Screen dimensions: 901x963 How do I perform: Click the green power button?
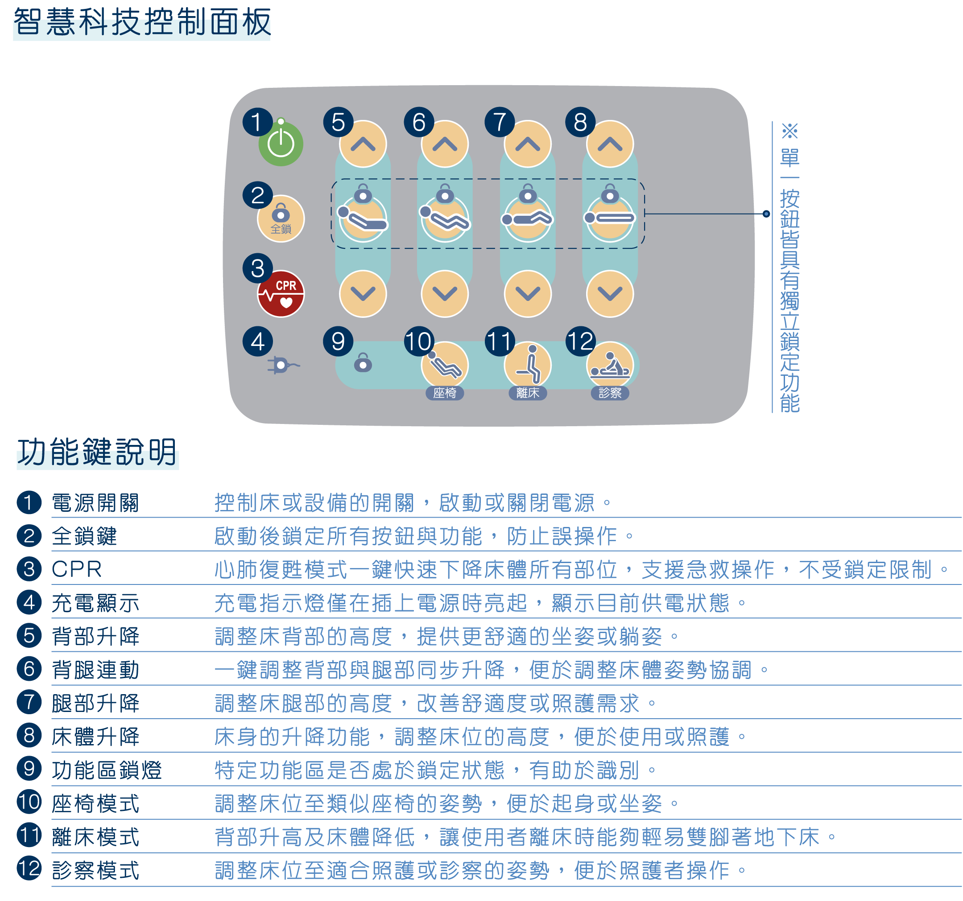pos(281,144)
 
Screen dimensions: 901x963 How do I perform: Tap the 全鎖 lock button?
pos(281,219)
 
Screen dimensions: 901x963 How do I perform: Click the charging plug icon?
pos(282,365)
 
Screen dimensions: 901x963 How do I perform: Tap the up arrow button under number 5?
pos(363,144)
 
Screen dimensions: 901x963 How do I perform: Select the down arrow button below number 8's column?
pos(609,293)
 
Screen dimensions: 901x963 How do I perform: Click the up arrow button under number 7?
pos(528,144)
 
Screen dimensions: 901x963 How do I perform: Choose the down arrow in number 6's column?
pos(445,293)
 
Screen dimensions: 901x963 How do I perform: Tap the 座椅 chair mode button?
pos(445,365)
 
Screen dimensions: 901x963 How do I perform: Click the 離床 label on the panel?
pos(528,393)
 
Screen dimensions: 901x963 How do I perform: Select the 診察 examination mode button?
pos(609,365)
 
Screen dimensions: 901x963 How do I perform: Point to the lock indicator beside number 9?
pos(363,362)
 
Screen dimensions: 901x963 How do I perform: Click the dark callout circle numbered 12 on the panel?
pos(580,341)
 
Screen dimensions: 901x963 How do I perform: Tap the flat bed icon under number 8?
pos(609,218)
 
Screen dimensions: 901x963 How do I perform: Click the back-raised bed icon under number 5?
pos(363,219)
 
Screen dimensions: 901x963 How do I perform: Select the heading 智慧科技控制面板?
pos(142,22)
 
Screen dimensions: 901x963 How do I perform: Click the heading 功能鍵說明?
pos(97,452)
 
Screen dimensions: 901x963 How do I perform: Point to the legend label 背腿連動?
pos(95,670)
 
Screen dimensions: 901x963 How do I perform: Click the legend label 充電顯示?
pos(95,603)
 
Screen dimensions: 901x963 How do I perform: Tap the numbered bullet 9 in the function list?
pos(29,769)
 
